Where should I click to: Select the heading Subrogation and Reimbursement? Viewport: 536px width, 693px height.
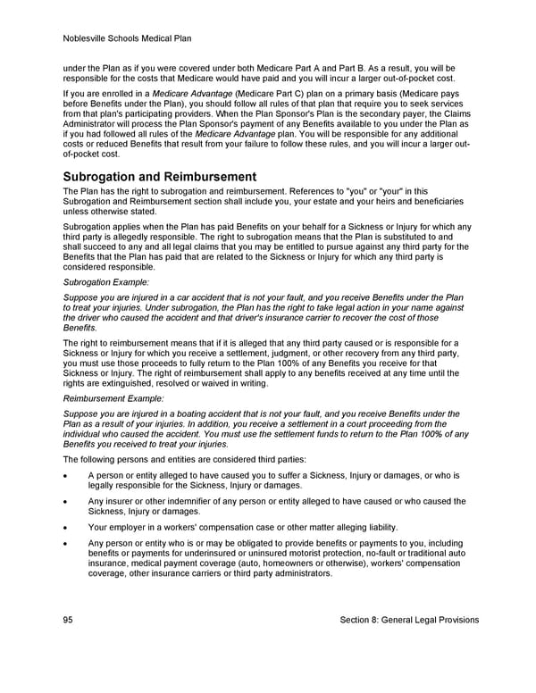click(160, 177)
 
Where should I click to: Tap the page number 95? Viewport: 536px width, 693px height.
click(69, 620)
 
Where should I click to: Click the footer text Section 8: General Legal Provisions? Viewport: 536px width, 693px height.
click(409, 620)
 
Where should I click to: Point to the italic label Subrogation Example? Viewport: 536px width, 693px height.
click(106, 282)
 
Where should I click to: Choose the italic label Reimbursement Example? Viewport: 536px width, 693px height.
click(113, 399)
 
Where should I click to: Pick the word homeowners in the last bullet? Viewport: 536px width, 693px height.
click(331, 564)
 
